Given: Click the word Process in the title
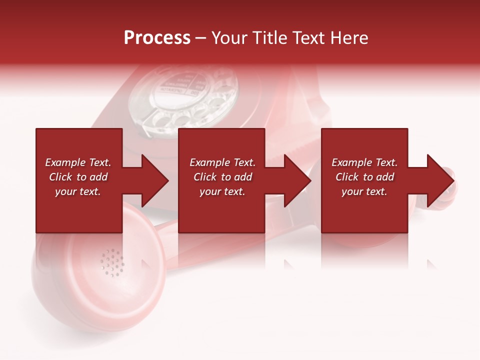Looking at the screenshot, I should tap(157, 38).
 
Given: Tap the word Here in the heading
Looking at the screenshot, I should tap(348, 38).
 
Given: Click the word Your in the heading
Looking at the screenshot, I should tap(229, 38).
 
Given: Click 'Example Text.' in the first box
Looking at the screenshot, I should tap(78, 162).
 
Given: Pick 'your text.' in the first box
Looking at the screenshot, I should tap(78, 191).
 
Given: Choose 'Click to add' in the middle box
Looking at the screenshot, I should tap(222, 177).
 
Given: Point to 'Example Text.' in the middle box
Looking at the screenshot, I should tap(222, 162).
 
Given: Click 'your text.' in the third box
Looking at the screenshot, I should tap(364, 191).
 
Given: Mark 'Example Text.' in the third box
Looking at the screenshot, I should tap(364, 162).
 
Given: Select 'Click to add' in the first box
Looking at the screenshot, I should tap(78, 177).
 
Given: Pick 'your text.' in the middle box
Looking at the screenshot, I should tap(222, 191).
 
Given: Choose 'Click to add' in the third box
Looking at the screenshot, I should tap(364, 177).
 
